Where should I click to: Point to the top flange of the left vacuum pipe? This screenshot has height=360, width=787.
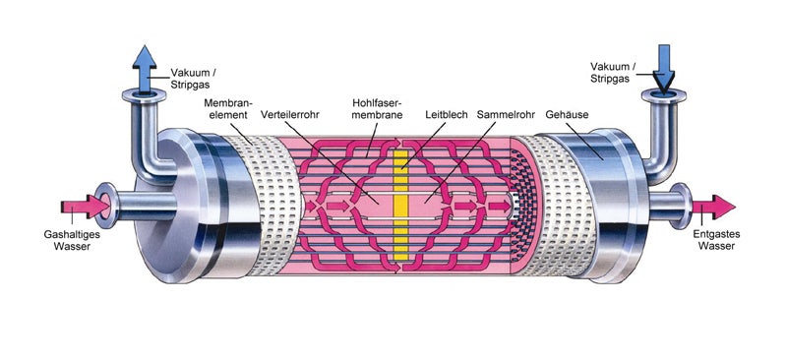click(143, 94)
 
